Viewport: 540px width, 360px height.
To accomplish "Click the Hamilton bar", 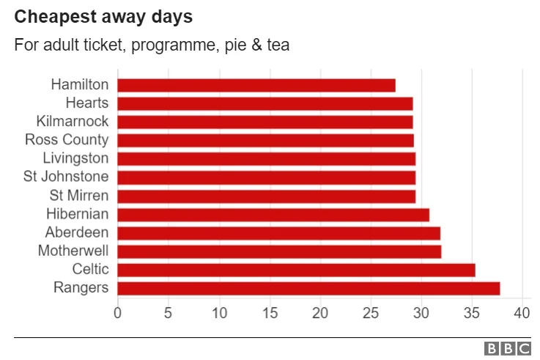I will (x=256, y=85).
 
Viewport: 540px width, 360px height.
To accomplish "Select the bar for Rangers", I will (x=308, y=288).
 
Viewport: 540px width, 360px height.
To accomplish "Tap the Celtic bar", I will (x=296, y=270).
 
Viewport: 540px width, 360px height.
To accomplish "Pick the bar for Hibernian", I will (x=273, y=214).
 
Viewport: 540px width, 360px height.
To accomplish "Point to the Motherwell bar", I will (x=279, y=251).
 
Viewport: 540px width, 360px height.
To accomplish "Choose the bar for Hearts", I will (x=265, y=103).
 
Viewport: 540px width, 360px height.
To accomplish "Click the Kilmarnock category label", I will (x=73, y=122).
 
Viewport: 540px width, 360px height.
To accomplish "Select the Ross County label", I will (x=67, y=140).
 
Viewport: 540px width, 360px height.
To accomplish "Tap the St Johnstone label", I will (x=67, y=177).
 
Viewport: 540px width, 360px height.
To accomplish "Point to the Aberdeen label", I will (x=77, y=232).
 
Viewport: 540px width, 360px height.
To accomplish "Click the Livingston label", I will (x=75, y=158).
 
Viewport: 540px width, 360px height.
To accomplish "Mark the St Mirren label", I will (x=79, y=196).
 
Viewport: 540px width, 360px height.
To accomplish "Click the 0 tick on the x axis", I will (x=117, y=314).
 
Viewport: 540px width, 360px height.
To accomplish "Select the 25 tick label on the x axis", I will (x=370, y=314).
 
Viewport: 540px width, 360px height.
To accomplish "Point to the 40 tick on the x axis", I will (x=522, y=314).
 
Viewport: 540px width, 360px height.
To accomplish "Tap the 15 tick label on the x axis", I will (x=269, y=314).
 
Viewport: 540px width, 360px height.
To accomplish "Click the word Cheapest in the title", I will (x=49, y=16).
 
